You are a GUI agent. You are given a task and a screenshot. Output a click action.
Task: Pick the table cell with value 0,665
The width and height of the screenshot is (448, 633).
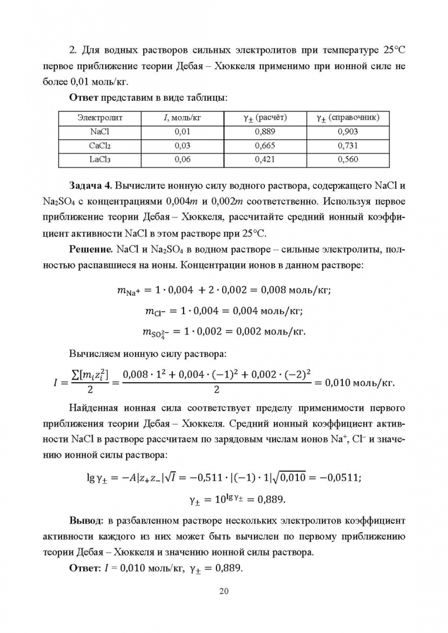(x=265, y=145)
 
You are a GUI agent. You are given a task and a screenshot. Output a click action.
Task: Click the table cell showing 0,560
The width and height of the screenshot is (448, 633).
(x=348, y=159)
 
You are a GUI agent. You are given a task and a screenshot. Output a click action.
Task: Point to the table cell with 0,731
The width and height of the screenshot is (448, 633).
(x=348, y=145)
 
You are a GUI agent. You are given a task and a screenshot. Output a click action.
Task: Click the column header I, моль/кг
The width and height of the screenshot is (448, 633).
(x=183, y=118)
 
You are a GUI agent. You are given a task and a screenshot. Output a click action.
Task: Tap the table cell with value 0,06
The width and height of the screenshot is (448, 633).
(x=183, y=159)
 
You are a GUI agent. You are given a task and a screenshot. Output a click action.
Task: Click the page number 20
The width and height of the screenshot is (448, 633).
(x=223, y=591)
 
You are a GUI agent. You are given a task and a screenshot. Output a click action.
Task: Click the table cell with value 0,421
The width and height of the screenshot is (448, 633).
(x=265, y=159)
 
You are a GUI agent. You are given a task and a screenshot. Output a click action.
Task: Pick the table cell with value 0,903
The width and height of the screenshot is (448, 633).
(x=348, y=132)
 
